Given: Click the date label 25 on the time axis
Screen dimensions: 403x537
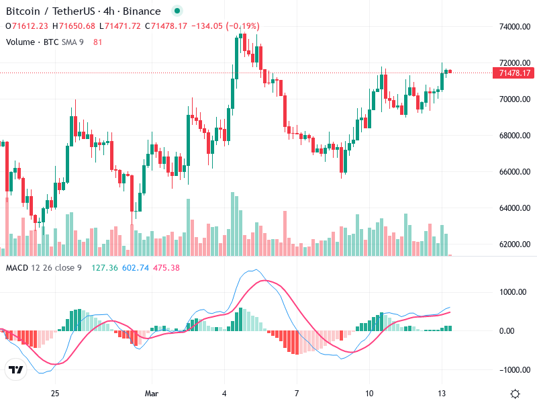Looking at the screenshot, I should point(55,393).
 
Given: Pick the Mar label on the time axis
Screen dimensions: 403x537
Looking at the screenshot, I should point(152,393).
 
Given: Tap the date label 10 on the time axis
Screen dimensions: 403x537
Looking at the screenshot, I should point(369,393).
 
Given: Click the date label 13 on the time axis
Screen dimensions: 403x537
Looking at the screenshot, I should point(442,393).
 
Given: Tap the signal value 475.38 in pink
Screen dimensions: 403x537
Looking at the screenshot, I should point(166,268).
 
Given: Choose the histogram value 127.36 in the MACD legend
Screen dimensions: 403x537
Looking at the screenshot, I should point(105,268).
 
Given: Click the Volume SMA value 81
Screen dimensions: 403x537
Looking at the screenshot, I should point(98,42).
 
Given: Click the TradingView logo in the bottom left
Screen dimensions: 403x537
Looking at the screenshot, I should point(15,369).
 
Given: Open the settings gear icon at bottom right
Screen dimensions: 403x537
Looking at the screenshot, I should point(516,394).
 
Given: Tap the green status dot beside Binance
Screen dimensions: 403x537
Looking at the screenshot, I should point(177,11).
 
